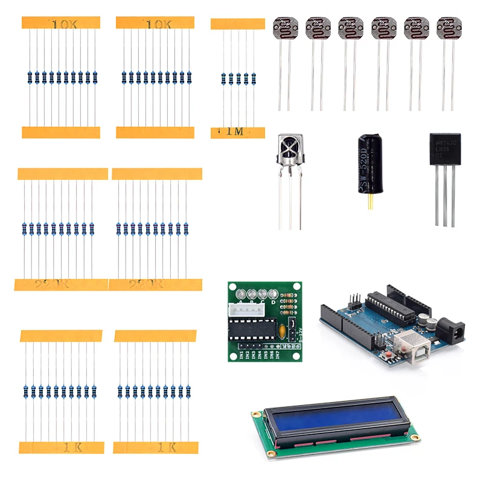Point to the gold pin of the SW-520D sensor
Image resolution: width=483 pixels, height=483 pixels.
pos(366,203)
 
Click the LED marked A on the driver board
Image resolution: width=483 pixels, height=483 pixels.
pos(240,293)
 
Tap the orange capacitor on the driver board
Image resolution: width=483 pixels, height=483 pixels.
pos(281,330)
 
